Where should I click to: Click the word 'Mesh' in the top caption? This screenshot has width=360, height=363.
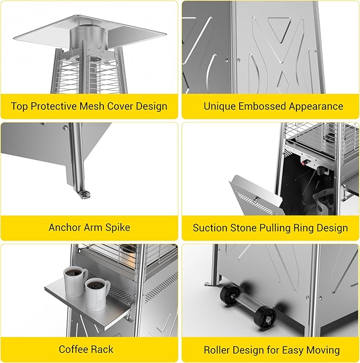pos(92,107)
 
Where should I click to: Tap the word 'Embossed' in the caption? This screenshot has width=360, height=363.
pos(262,107)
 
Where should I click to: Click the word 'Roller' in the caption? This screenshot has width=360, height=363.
pos(217,350)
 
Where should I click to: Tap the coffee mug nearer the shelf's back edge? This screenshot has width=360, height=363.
pos(74,281)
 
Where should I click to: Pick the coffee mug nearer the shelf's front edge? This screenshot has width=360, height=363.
pos(96,294)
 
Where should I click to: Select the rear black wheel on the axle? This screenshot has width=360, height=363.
pos(230,293)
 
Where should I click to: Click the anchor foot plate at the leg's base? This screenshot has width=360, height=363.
pos(84,194)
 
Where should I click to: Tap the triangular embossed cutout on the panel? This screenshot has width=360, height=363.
pos(279,29)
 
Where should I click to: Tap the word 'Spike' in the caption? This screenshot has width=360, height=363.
pos(118,227)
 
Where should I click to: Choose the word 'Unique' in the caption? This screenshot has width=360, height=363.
pos(219,107)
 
